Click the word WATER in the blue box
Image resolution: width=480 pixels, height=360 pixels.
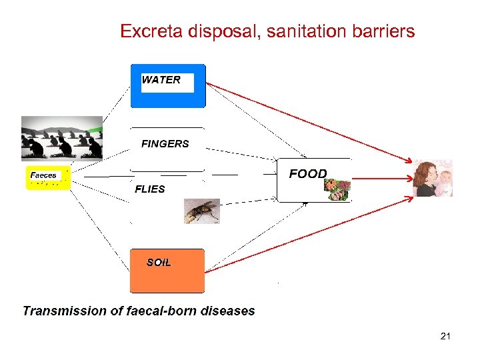click(x=161, y=80)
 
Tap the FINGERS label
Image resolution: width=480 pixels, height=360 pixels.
click(x=165, y=143)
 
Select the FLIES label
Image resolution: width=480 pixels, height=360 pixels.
click(x=150, y=189)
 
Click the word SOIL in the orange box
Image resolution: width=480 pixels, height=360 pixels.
click(x=159, y=263)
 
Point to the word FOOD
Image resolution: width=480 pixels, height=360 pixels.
click(x=307, y=174)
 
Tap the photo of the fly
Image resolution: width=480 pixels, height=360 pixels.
click(x=201, y=211)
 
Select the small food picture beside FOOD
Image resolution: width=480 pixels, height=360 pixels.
click(x=337, y=190)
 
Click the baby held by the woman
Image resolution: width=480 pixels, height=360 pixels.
click(x=443, y=181)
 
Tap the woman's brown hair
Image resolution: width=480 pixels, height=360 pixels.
click(x=424, y=175)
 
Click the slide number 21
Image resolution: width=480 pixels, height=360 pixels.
click(x=445, y=336)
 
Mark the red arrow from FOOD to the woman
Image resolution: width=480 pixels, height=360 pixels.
click(x=380, y=179)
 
